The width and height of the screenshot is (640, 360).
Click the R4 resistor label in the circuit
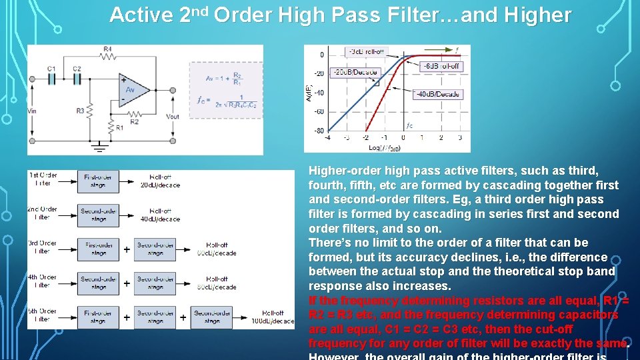click(108, 49)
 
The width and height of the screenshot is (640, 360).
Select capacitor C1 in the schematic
click(52, 78)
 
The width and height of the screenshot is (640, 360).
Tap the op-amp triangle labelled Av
click(132, 89)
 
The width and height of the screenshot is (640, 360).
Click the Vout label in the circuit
click(172, 117)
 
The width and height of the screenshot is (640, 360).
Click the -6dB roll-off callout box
click(441, 66)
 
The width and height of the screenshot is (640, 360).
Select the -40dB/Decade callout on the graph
click(438, 94)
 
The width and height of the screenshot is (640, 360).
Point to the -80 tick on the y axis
click(319, 131)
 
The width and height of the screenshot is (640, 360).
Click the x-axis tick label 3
click(460, 138)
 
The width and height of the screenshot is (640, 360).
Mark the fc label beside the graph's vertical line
click(409, 125)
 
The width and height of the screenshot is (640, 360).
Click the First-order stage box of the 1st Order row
click(98, 181)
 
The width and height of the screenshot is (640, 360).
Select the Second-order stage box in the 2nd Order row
click(98, 215)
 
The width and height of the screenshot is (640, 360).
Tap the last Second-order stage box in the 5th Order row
click(211, 317)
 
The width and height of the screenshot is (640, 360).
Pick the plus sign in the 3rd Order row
click(127, 249)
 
